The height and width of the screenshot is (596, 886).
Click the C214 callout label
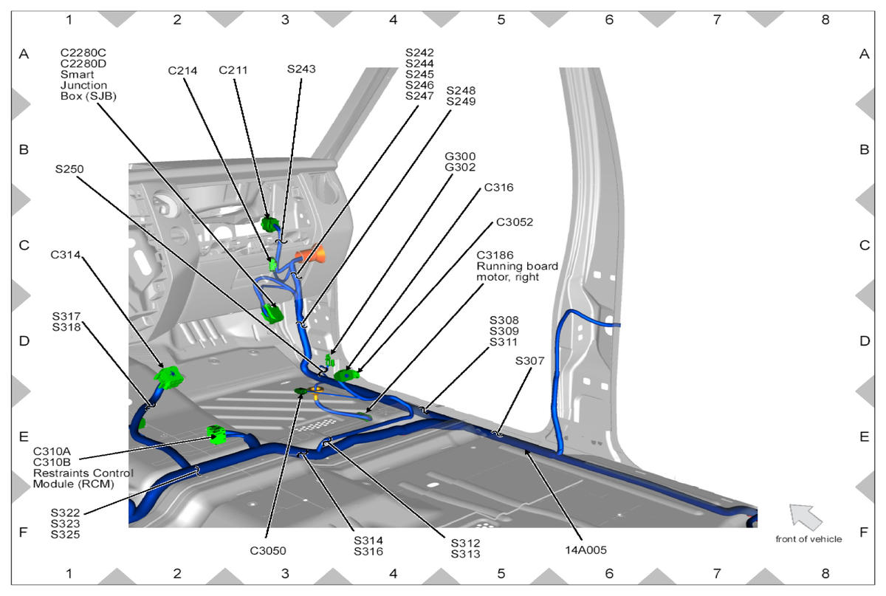182,71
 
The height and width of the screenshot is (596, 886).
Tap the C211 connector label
233,71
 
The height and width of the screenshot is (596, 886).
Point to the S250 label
69,169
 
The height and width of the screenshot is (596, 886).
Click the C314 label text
65,256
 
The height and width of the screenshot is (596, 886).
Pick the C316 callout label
498,188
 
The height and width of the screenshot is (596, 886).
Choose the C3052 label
515,222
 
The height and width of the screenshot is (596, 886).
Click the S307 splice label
530,361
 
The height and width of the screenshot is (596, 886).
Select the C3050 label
267,550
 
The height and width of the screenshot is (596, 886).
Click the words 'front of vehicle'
808,539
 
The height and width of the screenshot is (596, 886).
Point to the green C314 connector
169,377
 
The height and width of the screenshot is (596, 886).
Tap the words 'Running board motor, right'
517,272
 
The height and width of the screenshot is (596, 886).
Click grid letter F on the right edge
865,532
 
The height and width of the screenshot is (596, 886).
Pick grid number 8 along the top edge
825,20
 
